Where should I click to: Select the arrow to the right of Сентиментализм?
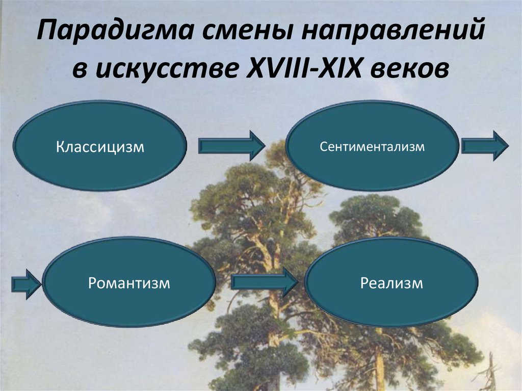484,146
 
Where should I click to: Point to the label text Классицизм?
100,148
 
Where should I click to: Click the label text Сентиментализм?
372,147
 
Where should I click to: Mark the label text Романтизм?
128,283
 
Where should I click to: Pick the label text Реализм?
391,283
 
